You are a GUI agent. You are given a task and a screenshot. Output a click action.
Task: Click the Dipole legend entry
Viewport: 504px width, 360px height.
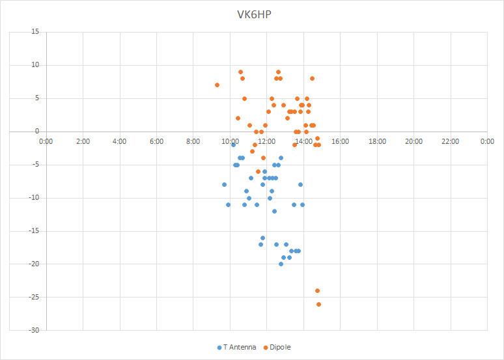[277, 347]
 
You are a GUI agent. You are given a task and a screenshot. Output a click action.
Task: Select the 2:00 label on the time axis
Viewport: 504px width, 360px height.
[83, 141]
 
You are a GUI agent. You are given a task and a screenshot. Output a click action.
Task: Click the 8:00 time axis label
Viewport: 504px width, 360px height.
[193, 141]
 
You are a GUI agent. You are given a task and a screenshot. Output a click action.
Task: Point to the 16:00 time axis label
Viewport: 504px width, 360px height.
[341, 141]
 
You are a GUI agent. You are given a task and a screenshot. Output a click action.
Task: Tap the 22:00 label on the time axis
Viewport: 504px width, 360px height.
[451, 141]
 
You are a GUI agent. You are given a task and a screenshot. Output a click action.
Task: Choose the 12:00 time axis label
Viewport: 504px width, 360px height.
[267, 141]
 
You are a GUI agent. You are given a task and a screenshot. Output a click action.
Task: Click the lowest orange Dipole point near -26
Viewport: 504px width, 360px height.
[318, 304]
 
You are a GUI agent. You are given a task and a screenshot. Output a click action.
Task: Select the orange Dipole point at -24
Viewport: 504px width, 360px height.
[317, 290]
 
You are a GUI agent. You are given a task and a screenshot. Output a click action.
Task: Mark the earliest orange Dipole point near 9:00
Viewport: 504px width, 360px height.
[217, 85]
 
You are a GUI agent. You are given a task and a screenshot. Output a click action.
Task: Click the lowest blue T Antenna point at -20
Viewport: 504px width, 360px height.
[281, 264]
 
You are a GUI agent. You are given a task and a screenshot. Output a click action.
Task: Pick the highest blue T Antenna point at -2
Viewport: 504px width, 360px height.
[233, 145]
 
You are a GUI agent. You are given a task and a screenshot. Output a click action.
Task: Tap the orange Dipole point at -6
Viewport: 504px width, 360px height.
[258, 171]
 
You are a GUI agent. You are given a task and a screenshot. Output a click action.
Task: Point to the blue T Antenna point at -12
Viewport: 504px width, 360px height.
[274, 211]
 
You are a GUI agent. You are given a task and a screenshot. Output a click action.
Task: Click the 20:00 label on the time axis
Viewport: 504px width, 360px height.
[414, 141]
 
